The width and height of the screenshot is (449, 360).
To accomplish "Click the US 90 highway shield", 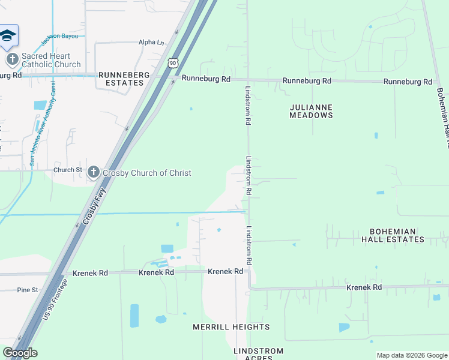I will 173,62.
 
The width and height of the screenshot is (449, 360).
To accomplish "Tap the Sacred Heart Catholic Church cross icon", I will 13,59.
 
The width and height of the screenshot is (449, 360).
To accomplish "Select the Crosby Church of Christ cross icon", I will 93,172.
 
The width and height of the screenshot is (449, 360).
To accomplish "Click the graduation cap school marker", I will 8,37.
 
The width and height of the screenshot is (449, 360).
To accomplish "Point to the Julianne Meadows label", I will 311,111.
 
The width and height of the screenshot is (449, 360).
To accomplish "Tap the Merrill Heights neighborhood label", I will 231,327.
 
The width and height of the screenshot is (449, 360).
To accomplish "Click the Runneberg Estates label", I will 123,79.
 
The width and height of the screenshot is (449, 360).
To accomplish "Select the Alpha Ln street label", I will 151,43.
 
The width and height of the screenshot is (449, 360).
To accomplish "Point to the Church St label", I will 67,170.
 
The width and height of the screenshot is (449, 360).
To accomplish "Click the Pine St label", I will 28,290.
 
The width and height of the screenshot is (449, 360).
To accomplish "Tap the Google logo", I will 20,353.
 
